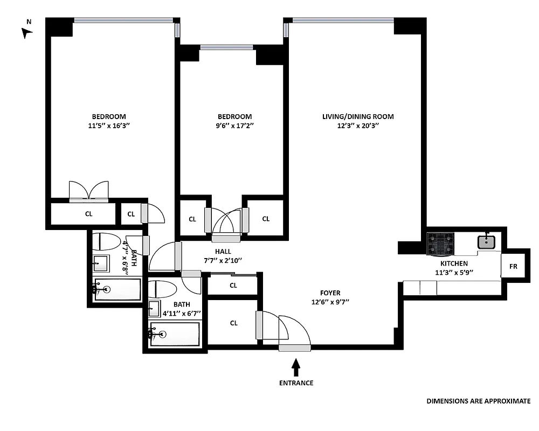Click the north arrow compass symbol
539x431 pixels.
26,32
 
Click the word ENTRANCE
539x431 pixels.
295,383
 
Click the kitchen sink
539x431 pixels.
486,241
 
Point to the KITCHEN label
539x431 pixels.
454,263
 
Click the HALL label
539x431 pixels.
223,252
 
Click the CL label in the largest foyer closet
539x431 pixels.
233,323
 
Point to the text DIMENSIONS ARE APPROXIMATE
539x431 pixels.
478,401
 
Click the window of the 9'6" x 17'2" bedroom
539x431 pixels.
227,47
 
